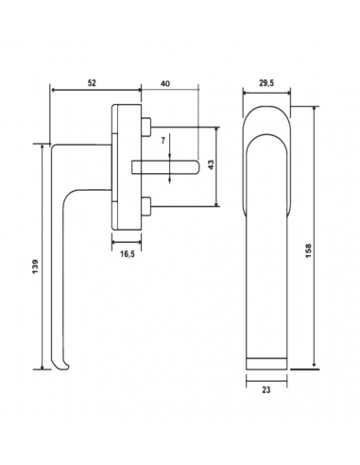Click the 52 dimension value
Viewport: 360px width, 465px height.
(92, 83)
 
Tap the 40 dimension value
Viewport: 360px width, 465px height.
(165, 83)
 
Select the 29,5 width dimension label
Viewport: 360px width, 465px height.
(266, 83)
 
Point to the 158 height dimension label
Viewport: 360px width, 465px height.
(308, 250)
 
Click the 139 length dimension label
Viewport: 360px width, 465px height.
(35, 267)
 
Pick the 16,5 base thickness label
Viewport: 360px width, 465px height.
(128, 254)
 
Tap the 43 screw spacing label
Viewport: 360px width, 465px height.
(211, 164)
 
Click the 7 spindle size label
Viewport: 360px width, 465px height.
(163, 141)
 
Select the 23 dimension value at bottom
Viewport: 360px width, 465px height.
(266, 389)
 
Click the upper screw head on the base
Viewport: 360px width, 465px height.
(146, 127)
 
